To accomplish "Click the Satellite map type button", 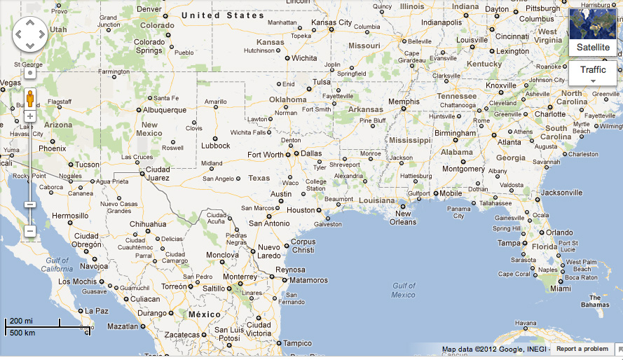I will [x=593, y=32].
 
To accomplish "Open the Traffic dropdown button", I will [x=593, y=73].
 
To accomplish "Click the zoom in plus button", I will [x=30, y=116].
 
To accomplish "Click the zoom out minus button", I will [x=30, y=230].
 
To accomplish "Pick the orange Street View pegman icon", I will [x=30, y=97].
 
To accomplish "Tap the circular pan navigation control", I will [x=30, y=34].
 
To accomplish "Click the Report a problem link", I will [x=582, y=349].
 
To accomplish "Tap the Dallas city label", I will [x=312, y=153].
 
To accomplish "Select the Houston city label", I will [x=301, y=210].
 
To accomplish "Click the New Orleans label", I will [x=403, y=218].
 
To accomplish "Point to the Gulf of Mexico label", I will [x=403, y=290].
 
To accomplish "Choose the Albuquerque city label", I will [x=165, y=110].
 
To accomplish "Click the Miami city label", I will [x=560, y=289].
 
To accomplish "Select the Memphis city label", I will [x=404, y=102].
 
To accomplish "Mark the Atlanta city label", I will [x=509, y=142].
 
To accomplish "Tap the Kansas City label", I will [x=331, y=22].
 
